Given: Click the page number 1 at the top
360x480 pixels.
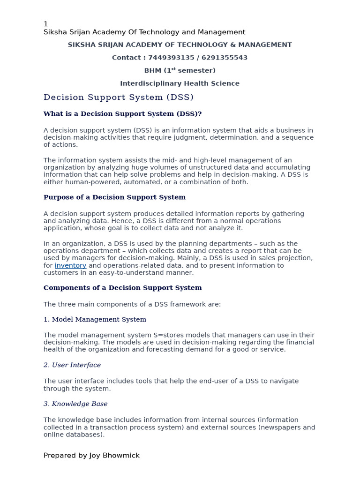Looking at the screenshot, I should pyautogui.click(x=45, y=24).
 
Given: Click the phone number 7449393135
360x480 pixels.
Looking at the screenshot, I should pyautogui.click(x=166, y=58).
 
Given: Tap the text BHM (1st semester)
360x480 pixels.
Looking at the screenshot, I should pyautogui.click(x=180, y=70).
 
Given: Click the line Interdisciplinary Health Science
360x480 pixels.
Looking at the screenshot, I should pyautogui.click(x=180, y=83).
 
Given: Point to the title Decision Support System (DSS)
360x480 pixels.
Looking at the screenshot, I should pyautogui.click(x=118, y=97).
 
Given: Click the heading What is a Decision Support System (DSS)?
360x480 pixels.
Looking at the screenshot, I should pyautogui.click(x=122, y=114).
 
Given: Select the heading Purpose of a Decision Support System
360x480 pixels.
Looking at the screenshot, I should pyautogui.click(x=114, y=197).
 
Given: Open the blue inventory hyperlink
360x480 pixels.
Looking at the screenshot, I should pyautogui.click(x=70, y=265).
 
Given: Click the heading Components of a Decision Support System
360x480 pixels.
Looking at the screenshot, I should pyautogui.click(x=122, y=288).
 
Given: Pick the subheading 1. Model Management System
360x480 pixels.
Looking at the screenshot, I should pyautogui.click(x=95, y=320).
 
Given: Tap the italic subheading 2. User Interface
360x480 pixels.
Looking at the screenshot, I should pyautogui.click(x=72, y=365).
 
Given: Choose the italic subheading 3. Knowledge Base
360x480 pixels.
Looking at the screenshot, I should pyautogui.click(x=75, y=404).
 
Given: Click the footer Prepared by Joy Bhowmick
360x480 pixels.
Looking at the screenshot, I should pyautogui.click(x=91, y=455).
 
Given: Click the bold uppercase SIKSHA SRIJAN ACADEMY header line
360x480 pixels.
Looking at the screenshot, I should pyautogui.click(x=180, y=45).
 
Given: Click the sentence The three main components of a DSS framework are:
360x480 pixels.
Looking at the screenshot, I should pyautogui.click(x=132, y=304).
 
